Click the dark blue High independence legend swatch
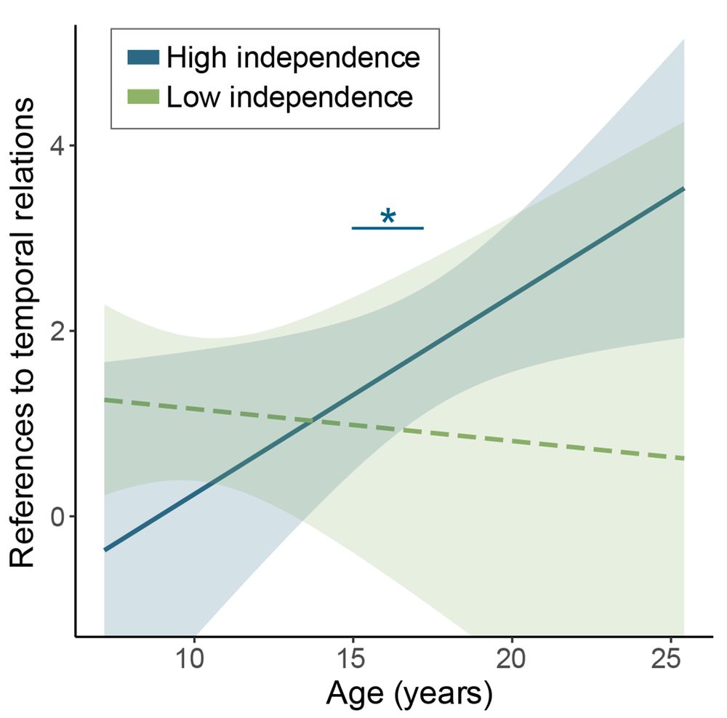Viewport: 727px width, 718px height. click(x=143, y=57)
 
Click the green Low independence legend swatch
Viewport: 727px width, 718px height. click(x=143, y=97)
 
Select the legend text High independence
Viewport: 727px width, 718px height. click(x=293, y=57)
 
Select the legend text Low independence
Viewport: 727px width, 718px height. click(x=290, y=97)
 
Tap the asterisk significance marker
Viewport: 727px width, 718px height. click(x=387, y=217)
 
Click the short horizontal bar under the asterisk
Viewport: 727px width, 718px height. click(x=387, y=228)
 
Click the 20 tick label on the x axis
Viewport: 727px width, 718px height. click(x=511, y=662)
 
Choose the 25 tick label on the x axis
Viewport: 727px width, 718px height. click(x=670, y=662)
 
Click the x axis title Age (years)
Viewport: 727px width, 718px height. click(x=409, y=695)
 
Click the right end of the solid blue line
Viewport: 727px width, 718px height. click(x=683, y=188)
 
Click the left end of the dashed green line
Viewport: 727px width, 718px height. click(x=105, y=400)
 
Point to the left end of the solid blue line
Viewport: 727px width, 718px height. click(x=105, y=550)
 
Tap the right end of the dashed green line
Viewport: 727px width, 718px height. click(x=683, y=459)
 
